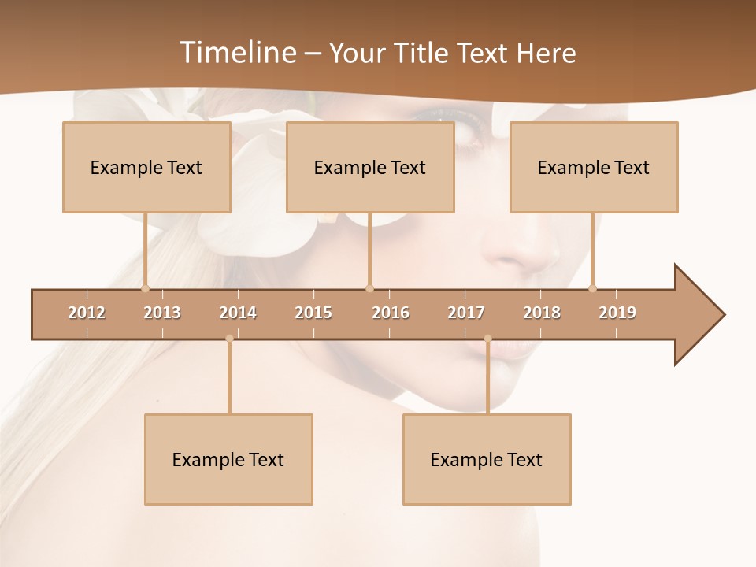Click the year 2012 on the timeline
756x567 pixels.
point(87,313)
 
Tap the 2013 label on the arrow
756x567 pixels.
point(162,313)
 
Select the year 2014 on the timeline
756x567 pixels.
point(238,313)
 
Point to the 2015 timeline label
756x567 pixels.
point(313,313)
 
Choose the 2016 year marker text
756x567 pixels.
point(391,313)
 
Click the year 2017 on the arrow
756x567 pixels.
point(466,313)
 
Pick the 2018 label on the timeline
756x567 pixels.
point(542,313)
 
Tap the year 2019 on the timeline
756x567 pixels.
point(617,313)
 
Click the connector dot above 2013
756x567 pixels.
point(145,288)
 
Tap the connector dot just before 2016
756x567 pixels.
point(369,288)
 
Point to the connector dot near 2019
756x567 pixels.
point(593,288)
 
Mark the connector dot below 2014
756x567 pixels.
point(229,339)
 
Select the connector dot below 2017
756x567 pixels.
point(487,339)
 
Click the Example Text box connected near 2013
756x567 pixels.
point(146,167)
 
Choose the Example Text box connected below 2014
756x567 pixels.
point(228,459)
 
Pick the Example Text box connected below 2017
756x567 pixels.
point(487,459)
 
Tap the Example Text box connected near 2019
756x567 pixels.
point(594,167)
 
